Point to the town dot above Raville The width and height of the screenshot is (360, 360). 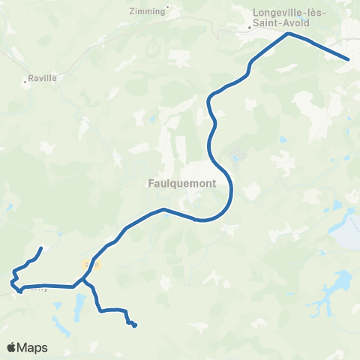coord(27,83)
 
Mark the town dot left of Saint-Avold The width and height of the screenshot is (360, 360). coord(250,28)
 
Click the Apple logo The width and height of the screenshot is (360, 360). coord(11,347)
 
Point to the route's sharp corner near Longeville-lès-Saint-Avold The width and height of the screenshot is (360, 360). coord(287,34)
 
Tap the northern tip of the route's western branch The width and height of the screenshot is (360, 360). coord(40,248)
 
